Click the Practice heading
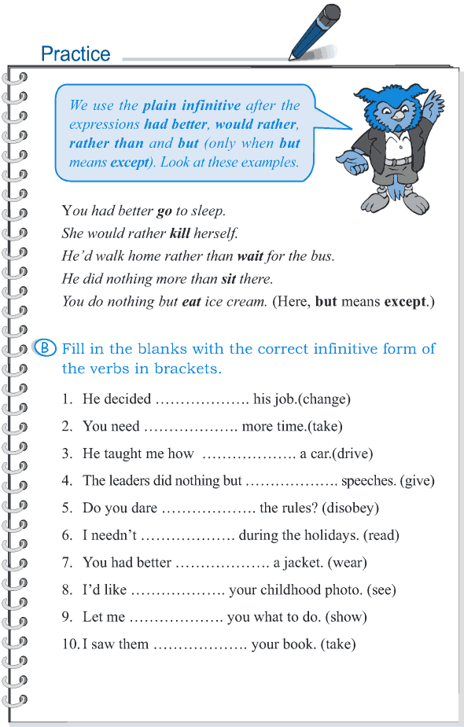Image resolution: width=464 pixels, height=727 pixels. coord(75,53)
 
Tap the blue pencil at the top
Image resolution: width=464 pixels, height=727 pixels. coord(315,31)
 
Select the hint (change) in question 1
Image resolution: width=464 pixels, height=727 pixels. coord(322,399)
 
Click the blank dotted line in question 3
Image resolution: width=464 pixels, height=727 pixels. coord(249,454)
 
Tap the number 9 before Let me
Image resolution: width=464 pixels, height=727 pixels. coord(67,618)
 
